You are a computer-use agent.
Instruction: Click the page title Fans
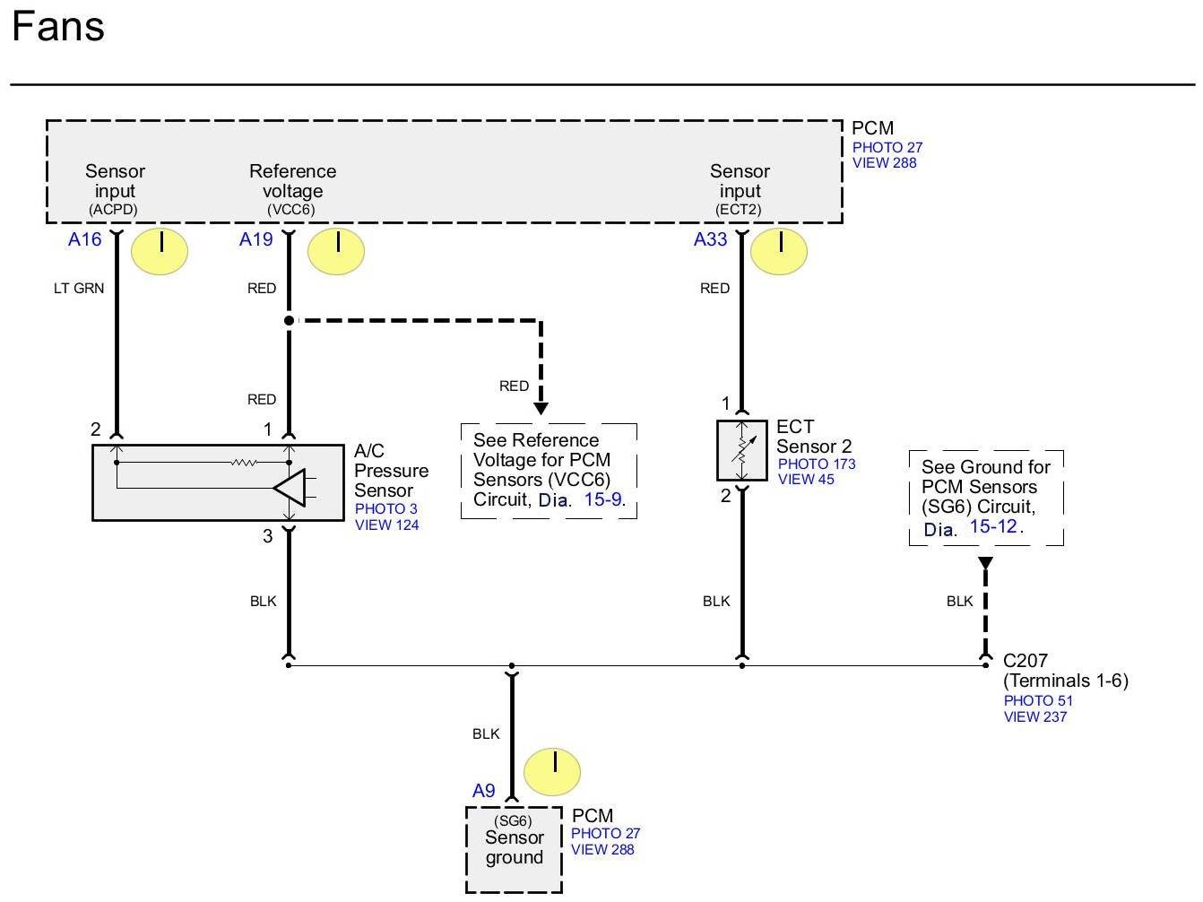[x=58, y=26]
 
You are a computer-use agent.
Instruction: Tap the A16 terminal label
[x=84, y=239]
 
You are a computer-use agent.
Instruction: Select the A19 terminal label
[x=256, y=239]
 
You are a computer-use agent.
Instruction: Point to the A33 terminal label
[x=710, y=239]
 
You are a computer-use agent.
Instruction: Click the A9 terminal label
[x=483, y=790]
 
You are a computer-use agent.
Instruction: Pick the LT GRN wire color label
[x=79, y=288]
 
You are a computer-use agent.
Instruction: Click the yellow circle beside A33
[x=778, y=251]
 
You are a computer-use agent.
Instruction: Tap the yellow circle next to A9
[x=552, y=772]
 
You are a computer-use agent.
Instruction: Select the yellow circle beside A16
[x=160, y=251]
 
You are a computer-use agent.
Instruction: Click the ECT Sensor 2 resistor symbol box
[x=741, y=450]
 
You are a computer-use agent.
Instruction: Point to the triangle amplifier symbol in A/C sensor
[x=290, y=487]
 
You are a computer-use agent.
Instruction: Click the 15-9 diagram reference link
[x=603, y=499]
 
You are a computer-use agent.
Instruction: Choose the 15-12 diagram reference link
[x=993, y=526]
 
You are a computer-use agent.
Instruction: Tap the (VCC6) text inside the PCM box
[x=291, y=209]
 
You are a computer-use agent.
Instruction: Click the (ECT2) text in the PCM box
[x=739, y=209]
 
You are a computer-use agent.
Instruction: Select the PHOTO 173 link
[x=817, y=464]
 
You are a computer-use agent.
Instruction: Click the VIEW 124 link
[x=387, y=525]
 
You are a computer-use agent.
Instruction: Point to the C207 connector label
[x=1025, y=660]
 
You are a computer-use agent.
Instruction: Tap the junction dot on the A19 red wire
[x=289, y=321]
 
